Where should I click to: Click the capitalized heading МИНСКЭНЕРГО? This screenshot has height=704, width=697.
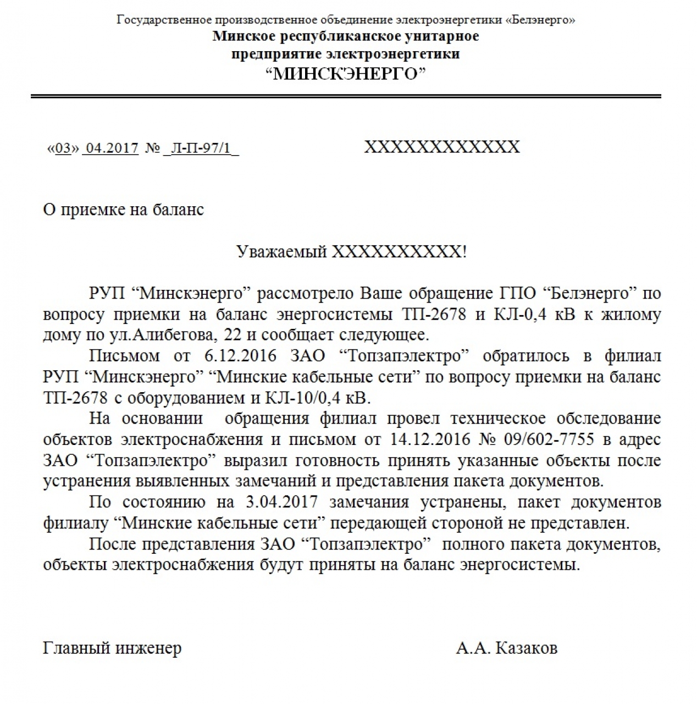(350, 73)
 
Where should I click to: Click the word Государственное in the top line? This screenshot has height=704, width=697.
(164, 20)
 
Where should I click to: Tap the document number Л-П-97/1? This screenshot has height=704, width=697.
(201, 148)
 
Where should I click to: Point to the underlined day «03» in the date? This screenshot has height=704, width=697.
(64, 148)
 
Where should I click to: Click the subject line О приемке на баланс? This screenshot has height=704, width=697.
(123, 210)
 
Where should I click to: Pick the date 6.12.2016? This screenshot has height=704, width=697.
(240, 355)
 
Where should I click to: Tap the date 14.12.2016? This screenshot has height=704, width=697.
(422, 439)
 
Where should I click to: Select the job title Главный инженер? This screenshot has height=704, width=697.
(112, 648)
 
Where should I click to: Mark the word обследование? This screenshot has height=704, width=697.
(609, 418)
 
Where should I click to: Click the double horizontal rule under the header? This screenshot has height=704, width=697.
(346, 96)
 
